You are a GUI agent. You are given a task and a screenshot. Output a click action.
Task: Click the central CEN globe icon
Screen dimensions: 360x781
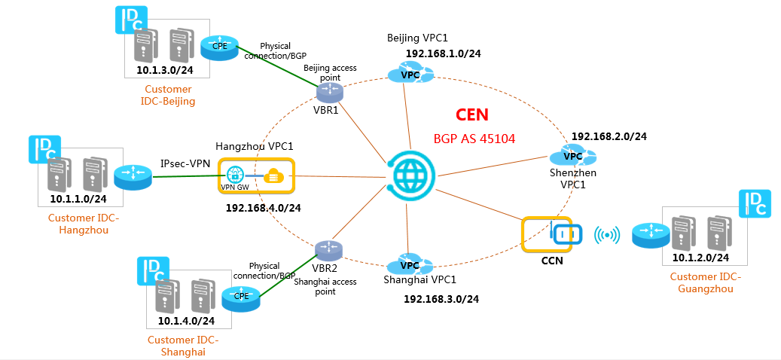coord(410,177)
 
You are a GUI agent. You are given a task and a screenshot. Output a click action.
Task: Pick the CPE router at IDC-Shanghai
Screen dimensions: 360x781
coord(241,296)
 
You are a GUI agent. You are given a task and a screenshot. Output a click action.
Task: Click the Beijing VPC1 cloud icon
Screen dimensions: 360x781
coord(410,74)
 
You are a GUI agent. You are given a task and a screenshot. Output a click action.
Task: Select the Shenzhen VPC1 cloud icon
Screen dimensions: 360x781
coord(572,157)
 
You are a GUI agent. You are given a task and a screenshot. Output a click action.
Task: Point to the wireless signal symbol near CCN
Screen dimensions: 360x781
coord(607,236)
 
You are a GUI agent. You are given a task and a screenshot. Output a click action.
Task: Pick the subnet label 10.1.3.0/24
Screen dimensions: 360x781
coord(164,70)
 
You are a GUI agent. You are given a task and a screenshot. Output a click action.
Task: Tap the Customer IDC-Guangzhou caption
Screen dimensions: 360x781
coord(705,282)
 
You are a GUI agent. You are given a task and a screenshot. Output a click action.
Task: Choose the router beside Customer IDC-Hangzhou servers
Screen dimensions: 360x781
coord(133,178)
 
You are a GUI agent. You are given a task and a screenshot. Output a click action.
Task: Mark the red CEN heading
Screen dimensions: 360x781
coord(471,115)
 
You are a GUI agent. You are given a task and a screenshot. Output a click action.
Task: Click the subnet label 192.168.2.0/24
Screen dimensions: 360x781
coord(609,136)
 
